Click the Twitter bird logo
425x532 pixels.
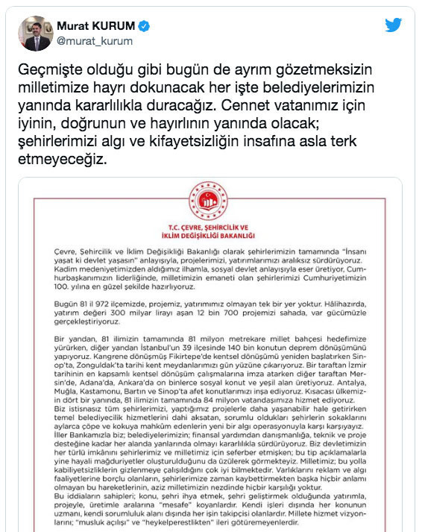pos(394,25)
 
